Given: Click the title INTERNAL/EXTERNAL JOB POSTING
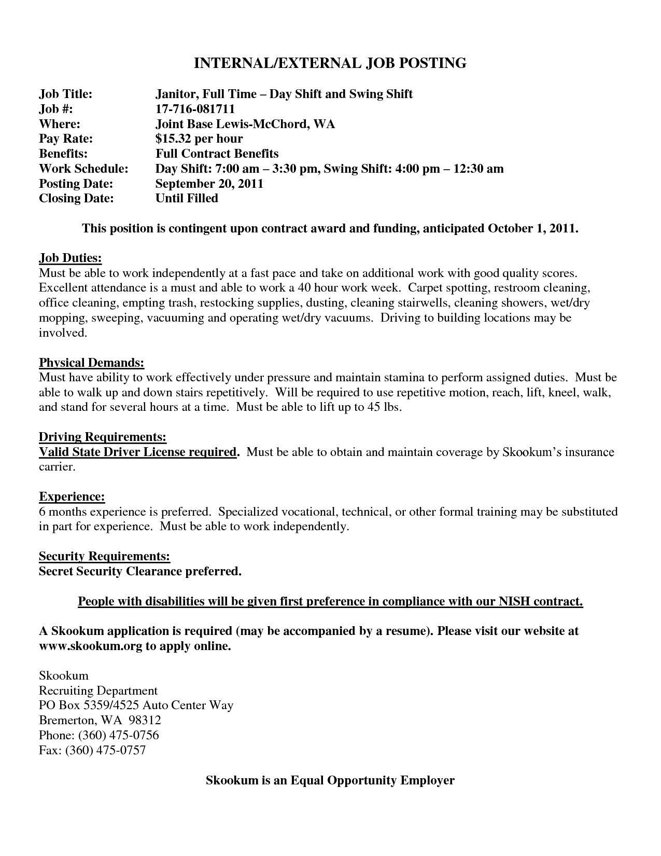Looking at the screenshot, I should coord(330,63).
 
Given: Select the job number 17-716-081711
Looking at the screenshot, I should coord(195,109).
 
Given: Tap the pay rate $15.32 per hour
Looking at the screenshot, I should coord(199,139).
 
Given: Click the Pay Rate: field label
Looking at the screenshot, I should coord(66,139).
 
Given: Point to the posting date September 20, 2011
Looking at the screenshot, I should coord(209,184).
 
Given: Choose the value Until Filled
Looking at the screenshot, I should coord(187,198).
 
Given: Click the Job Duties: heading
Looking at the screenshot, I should coord(71,258).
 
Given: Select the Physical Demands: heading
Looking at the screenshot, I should coord(92,363).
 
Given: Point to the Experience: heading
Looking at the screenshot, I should coord(72,497).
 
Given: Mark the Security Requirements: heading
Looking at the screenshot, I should coord(105,557).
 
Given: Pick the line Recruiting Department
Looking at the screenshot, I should coord(98,691).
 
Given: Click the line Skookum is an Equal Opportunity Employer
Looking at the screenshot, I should coord(330,780).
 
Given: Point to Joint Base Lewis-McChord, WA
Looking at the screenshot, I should coord(245,124).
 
